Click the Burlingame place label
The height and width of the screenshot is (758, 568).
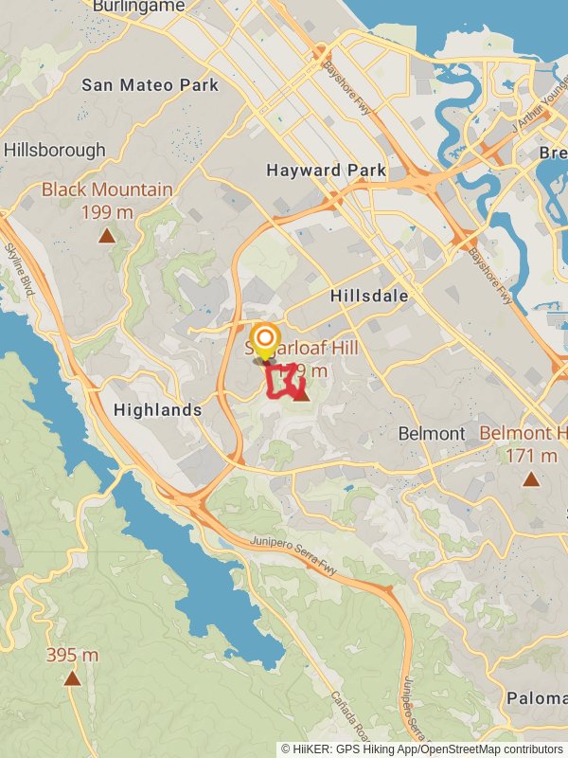click(138, 7)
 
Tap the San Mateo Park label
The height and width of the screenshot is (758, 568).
click(150, 85)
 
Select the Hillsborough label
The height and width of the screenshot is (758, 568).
click(54, 151)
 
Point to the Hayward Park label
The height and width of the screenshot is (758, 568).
click(326, 171)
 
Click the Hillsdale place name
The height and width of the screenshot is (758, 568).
click(369, 297)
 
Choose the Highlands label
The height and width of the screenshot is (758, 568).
click(157, 410)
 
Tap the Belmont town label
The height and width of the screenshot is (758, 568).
click(431, 434)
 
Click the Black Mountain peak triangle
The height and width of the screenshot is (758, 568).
click(107, 235)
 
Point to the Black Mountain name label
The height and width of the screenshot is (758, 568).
click(107, 190)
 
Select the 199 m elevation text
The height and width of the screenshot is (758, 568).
click(107, 212)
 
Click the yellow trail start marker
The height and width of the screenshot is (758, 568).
click(266, 340)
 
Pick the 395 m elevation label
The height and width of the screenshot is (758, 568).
click(72, 656)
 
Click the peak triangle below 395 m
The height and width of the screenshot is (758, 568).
click(72, 677)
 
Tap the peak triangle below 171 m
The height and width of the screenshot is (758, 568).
click(531, 479)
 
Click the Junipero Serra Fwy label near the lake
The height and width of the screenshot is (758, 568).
click(294, 554)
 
